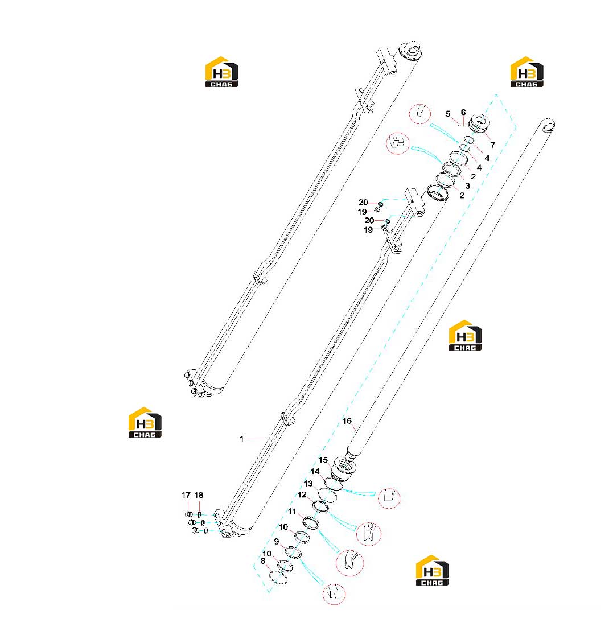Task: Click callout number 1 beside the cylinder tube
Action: pos(242,439)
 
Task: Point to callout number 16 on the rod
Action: pos(347,421)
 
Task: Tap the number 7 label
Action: pos(493,145)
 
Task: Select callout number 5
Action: pos(448,114)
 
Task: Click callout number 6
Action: pos(463,112)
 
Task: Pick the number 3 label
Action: pos(467,186)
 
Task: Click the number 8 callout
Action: pos(263,561)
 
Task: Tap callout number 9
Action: pos(277,542)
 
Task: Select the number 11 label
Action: pos(292,512)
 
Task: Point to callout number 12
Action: pos(302,494)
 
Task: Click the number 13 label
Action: pos(308,483)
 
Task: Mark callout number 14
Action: pos(315,472)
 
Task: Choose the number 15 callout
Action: pos(323,460)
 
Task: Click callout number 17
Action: pos(186,494)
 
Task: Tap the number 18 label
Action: pos(199,494)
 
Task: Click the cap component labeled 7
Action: pos(479,123)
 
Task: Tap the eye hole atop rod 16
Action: pos(549,126)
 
